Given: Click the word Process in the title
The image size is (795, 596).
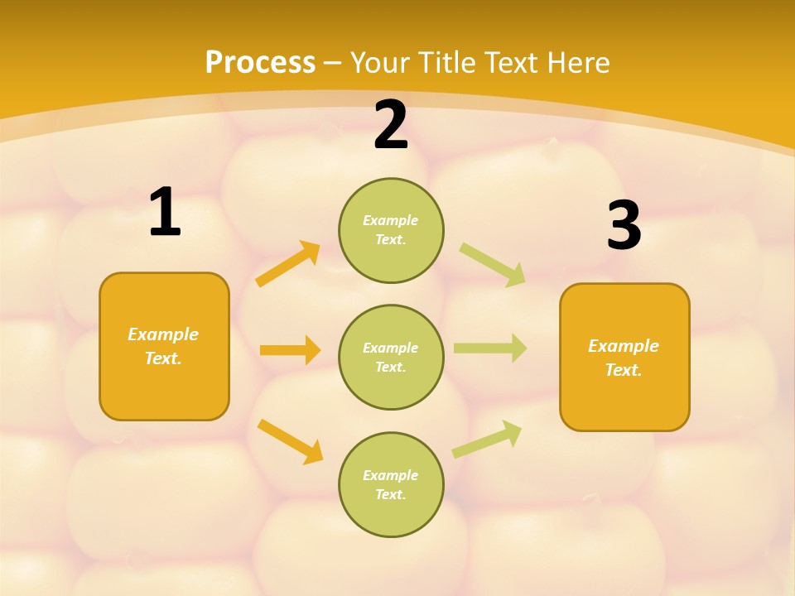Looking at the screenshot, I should [260, 63].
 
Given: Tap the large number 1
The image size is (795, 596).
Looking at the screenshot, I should [165, 213].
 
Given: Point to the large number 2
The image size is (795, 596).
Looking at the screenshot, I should [391, 125].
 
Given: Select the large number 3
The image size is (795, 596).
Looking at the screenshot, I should [624, 225].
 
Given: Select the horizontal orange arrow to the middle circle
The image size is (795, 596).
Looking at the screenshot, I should [290, 350].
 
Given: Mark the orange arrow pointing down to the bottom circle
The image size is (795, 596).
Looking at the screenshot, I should [290, 441].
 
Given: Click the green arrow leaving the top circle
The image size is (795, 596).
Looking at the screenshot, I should [492, 264].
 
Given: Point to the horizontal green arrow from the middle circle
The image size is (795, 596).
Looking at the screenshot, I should [489, 348].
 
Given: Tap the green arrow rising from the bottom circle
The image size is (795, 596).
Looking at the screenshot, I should [487, 440].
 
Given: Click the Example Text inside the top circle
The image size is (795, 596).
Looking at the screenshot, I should [391, 230].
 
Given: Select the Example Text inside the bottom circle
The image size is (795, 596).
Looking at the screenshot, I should [391, 485].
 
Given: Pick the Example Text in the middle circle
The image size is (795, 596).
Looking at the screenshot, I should [391, 358].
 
